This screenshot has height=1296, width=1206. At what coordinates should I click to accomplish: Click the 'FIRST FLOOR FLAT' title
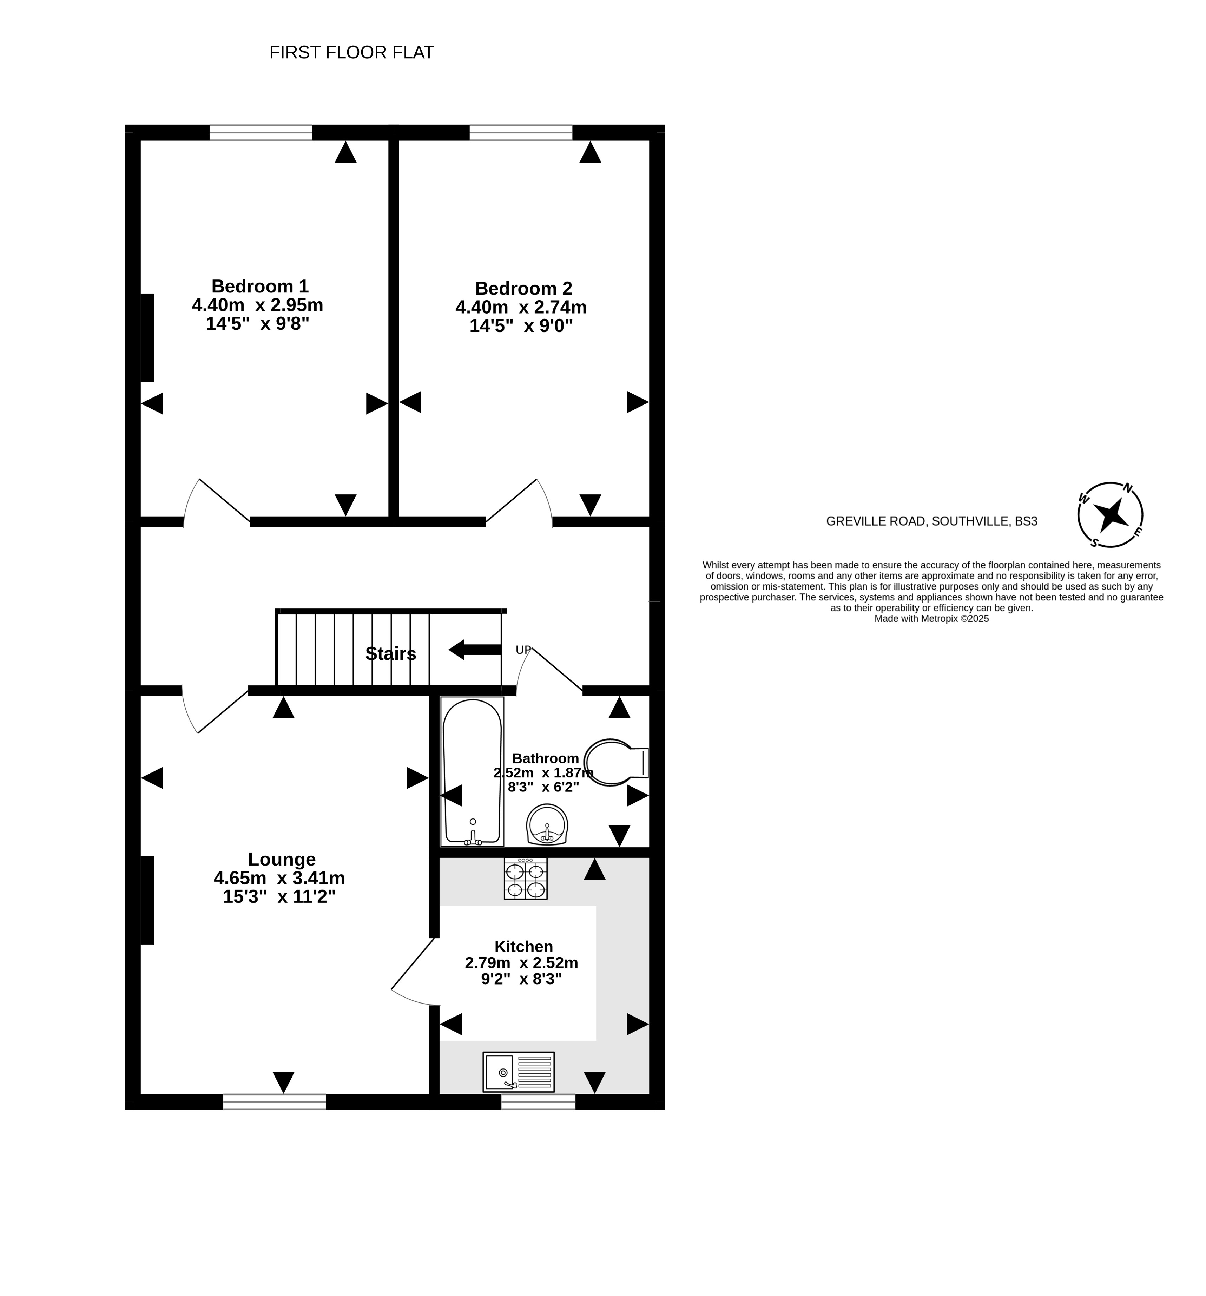pyautogui.click(x=351, y=53)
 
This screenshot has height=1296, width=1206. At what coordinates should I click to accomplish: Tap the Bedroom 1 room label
pyautogui.click(x=259, y=286)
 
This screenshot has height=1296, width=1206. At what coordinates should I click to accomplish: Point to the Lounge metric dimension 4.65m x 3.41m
pyautogui.click(x=279, y=878)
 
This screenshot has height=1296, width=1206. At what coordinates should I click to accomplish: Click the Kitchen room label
pyautogui.click(x=523, y=947)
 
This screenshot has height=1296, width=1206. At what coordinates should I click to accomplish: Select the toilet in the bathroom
pyautogui.click(x=615, y=762)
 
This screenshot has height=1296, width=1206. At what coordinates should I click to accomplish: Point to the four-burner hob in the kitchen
pyautogui.click(x=526, y=879)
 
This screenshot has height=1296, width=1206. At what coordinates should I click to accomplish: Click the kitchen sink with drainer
pyautogui.click(x=518, y=1072)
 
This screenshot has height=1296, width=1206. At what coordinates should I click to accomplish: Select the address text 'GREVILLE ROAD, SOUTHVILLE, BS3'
pyautogui.click(x=931, y=521)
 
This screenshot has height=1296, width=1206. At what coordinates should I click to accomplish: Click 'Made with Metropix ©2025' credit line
pyautogui.click(x=931, y=619)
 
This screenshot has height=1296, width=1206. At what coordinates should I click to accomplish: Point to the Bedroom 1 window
pyautogui.click(x=261, y=132)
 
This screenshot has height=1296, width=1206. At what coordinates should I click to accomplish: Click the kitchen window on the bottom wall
pyautogui.click(x=538, y=1102)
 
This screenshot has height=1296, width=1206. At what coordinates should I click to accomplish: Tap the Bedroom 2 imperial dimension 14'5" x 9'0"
pyautogui.click(x=521, y=326)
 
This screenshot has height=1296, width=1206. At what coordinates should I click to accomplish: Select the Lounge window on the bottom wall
pyautogui.click(x=275, y=1102)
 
